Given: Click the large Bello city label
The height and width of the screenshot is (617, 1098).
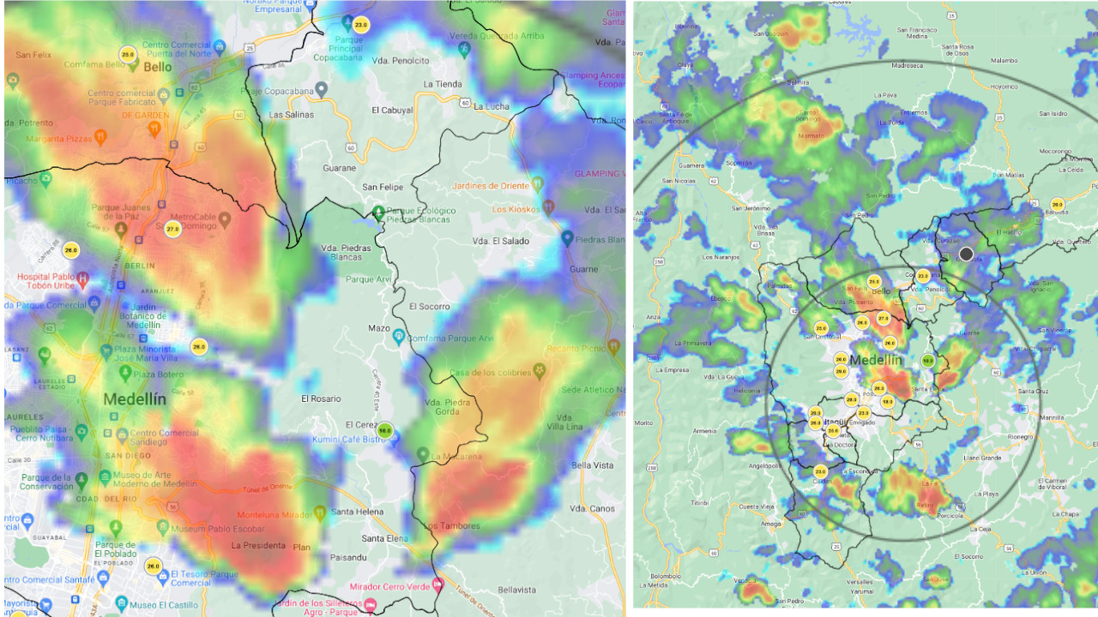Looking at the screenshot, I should click(158, 67).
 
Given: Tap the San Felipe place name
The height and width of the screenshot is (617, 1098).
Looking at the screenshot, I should click(383, 187).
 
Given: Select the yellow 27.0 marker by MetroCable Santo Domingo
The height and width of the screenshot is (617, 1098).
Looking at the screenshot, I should click(173, 229).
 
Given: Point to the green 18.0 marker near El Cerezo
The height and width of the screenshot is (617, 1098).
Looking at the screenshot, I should click(385, 431).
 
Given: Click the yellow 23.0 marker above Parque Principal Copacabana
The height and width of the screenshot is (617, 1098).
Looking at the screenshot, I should click(361, 26).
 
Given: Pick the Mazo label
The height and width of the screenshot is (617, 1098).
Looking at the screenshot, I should click(378, 328).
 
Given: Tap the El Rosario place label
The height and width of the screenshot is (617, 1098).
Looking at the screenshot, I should click(321, 398).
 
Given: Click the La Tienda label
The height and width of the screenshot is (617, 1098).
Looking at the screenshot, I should click(443, 84).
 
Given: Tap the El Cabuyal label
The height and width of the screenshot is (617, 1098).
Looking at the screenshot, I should click(393, 110).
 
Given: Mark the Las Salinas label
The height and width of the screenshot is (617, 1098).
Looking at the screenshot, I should click(292, 114).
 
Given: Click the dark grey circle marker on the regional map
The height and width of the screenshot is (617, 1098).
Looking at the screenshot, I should click(966, 254).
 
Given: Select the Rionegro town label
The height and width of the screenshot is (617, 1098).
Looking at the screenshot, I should click(1020, 436).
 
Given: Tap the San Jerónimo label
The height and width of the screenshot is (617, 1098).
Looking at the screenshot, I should click(751, 208).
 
